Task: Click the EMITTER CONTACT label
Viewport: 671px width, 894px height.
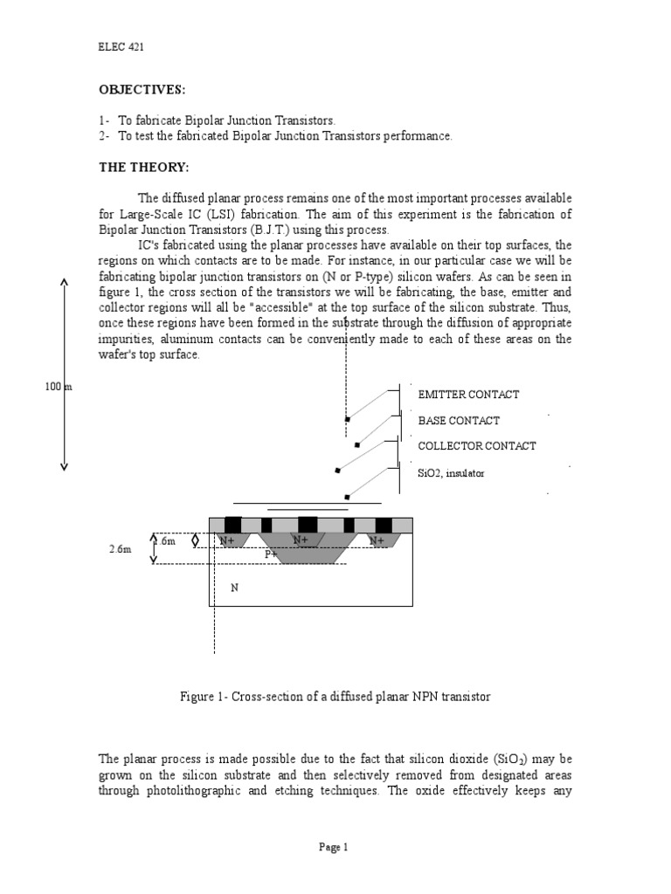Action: (x=468, y=395)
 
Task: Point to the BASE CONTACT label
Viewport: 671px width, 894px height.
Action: (x=459, y=420)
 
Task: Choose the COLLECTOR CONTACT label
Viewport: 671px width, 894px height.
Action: (x=477, y=446)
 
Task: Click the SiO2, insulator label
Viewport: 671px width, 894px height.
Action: (x=451, y=472)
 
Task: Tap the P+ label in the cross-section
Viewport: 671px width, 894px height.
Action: (x=272, y=554)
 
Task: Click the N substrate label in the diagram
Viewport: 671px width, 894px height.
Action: (x=234, y=588)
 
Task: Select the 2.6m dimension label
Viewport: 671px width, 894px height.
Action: (x=121, y=550)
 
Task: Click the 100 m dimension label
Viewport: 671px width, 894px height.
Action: (x=59, y=387)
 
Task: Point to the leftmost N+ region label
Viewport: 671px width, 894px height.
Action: (x=228, y=541)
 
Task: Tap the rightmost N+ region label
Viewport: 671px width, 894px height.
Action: (x=377, y=541)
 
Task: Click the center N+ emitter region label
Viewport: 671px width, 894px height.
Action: (x=301, y=541)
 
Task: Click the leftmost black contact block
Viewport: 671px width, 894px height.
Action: (x=233, y=525)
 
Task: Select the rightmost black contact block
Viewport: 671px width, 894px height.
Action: (x=384, y=525)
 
